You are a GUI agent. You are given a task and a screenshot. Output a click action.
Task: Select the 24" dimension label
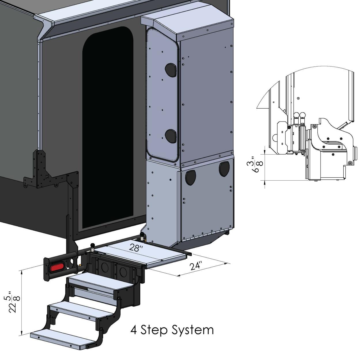(x=196, y=266)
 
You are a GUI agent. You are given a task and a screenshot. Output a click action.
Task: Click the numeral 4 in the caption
(x=133, y=330)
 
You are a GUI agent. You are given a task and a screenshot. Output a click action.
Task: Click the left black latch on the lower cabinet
(x=191, y=178)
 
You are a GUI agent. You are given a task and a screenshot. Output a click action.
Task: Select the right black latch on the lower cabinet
(x=224, y=169)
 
